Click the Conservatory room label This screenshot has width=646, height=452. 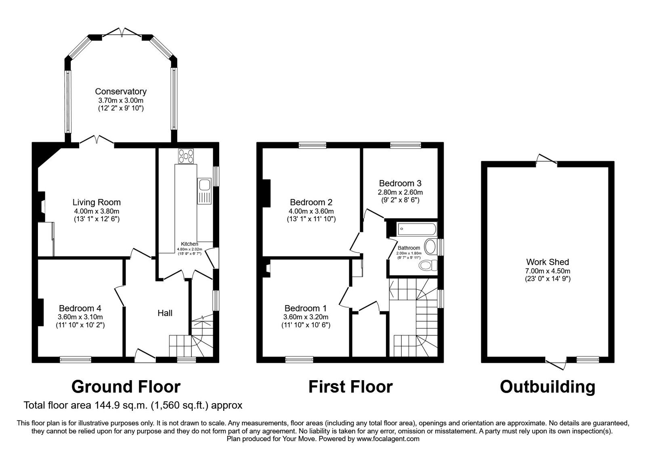click(x=121, y=92)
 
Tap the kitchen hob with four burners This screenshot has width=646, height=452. click(x=186, y=157)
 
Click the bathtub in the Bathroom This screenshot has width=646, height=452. click(x=417, y=230)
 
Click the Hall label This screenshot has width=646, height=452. click(x=165, y=313)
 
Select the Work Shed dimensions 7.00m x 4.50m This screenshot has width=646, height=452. click(x=547, y=271)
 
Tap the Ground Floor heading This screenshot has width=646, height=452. click(x=126, y=387)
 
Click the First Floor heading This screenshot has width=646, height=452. click(x=350, y=387)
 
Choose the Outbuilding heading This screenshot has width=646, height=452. click(x=547, y=387)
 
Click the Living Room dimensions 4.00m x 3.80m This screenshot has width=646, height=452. click(x=96, y=211)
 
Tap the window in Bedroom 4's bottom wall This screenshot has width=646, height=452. click(x=76, y=358)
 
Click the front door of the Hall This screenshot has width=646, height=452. click(x=145, y=355)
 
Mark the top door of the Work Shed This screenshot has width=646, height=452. click(x=547, y=161)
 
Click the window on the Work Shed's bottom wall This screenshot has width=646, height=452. click(x=587, y=359)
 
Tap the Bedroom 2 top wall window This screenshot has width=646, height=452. click(x=313, y=145)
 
